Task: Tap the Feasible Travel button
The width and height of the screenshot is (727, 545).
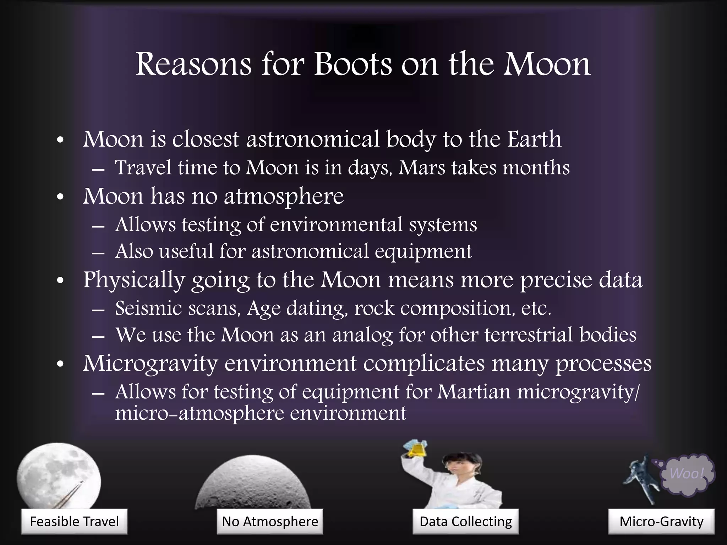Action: tap(74, 521)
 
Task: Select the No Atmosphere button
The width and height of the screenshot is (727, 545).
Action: tap(270, 521)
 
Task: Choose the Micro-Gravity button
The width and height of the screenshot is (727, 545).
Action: tap(661, 521)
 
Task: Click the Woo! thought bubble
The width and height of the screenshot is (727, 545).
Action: tap(687, 474)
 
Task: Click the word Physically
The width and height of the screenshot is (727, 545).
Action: tap(134, 280)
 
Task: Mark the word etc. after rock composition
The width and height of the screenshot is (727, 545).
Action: tap(536, 308)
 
